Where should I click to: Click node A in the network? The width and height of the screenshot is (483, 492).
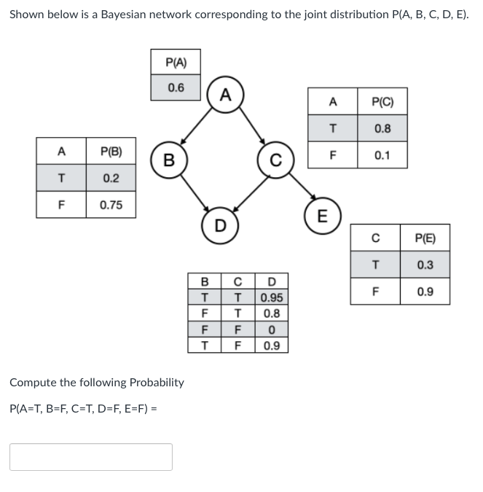(225, 94)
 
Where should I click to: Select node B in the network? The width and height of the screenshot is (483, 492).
(168, 159)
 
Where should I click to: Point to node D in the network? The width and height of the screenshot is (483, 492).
(219, 223)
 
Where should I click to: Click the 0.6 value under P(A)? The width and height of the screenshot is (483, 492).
(176, 87)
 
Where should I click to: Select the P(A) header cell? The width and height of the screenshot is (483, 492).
(176, 62)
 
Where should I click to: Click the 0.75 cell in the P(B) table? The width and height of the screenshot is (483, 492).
(111, 205)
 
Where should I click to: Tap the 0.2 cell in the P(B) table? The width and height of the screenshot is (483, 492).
(111, 178)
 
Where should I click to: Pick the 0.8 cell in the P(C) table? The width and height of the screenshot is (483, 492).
(382, 128)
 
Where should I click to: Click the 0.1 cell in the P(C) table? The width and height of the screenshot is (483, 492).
(382, 155)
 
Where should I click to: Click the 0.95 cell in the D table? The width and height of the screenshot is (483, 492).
(272, 297)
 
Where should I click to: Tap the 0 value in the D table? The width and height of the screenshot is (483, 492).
(272, 329)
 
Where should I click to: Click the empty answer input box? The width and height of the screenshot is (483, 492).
(91, 457)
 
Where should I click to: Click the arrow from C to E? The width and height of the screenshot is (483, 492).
(301, 189)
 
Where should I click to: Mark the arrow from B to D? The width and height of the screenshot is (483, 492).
(194, 191)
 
